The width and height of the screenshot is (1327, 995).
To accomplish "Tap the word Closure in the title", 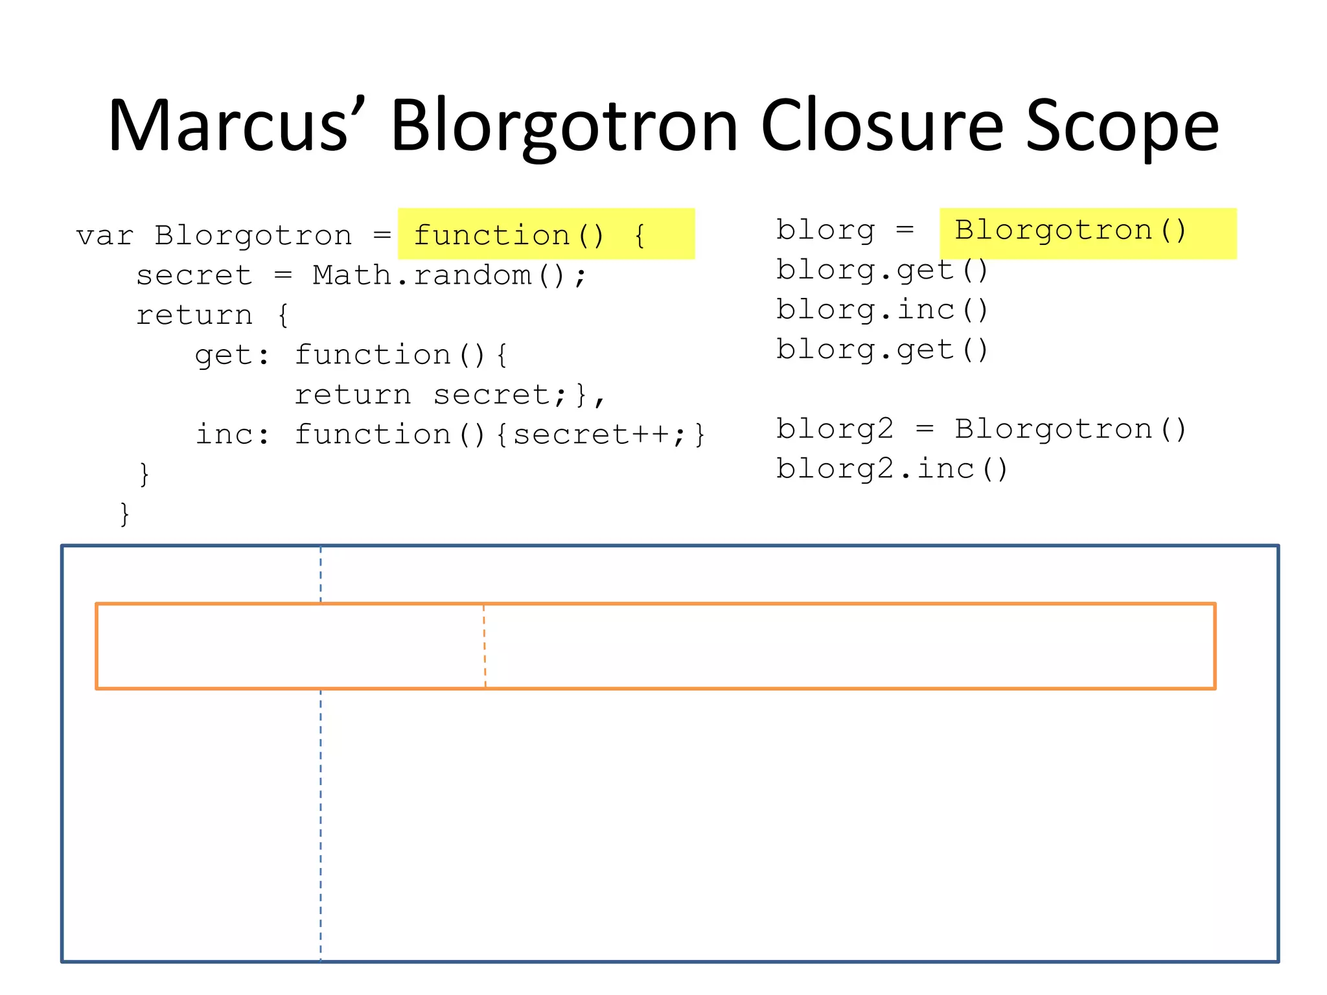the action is click(x=882, y=125).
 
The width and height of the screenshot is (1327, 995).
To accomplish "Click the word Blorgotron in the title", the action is click(x=564, y=125).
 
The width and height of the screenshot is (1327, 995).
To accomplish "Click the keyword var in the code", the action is click(x=104, y=236).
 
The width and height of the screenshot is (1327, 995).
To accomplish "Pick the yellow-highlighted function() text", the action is click(x=509, y=234).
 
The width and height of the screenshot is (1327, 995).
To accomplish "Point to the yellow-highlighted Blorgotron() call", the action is click(x=1070, y=230).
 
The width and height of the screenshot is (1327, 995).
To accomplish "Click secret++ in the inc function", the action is click(x=591, y=434).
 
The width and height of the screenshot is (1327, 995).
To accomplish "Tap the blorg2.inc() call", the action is click(x=892, y=469).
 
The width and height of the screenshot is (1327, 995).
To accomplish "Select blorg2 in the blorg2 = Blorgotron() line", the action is click(x=835, y=429).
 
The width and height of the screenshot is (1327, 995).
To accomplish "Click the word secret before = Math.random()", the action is click(x=194, y=275).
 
